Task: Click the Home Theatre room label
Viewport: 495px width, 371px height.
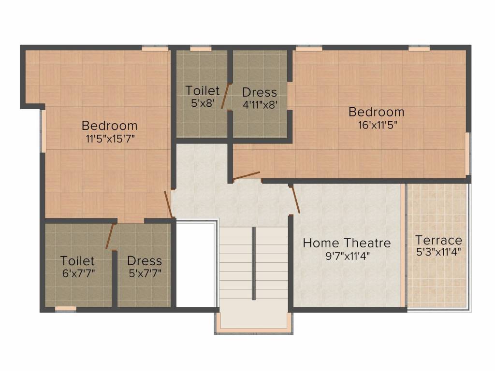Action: [347, 243]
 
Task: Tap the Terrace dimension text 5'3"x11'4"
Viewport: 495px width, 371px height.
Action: [438, 252]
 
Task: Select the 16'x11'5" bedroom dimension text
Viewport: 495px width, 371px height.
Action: [377, 125]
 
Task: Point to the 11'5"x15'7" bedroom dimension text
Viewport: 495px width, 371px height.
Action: [110, 139]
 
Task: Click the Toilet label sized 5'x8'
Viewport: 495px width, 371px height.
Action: [203, 90]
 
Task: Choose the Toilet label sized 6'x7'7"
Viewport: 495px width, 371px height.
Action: [77, 261]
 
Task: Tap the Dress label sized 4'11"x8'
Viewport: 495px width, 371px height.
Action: [260, 92]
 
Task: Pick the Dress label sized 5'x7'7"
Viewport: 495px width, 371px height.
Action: [145, 261]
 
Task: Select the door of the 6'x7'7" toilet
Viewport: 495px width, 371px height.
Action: [110, 236]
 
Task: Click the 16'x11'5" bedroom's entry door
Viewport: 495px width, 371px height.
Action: [246, 177]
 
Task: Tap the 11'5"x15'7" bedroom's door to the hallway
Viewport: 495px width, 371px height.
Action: [168, 204]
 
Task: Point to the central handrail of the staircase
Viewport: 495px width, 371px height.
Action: [253, 263]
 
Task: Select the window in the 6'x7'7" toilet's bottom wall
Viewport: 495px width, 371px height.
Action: [66, 309]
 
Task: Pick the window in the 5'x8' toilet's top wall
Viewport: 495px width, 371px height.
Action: [201, 48]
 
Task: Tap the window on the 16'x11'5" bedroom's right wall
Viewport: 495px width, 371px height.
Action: [468, 154]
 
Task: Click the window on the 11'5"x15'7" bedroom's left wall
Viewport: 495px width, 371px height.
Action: [43, 130]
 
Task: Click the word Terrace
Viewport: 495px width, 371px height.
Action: [438, 241]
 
